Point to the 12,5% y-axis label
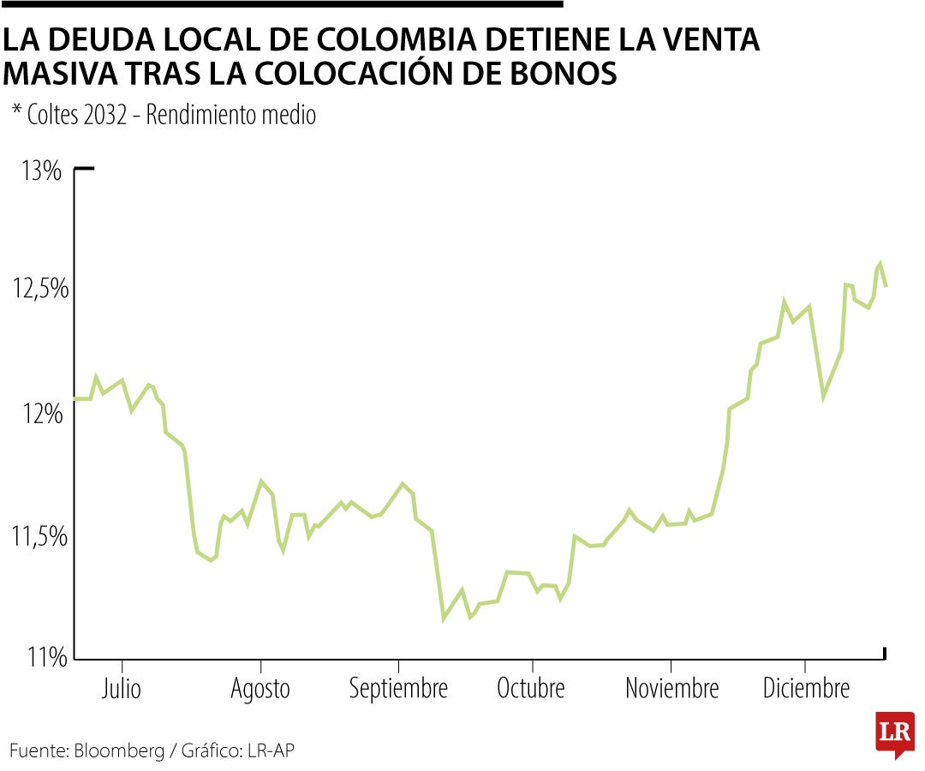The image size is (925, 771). click(39, 290)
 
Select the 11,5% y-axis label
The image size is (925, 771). click(39, 537)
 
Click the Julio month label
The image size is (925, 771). click(122, 688)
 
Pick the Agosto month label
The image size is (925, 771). click(260, 688)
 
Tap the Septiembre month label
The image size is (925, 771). click(398, 689)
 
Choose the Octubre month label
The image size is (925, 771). click(531, 688)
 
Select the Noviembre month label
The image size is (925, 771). click(671, 688)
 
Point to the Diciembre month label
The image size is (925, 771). click(806, 688)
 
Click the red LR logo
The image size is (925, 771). click(895, 733)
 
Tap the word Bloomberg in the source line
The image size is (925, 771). click(119, 751)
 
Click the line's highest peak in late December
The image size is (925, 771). click(880, 263)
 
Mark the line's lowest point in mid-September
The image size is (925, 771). click(444, 619)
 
